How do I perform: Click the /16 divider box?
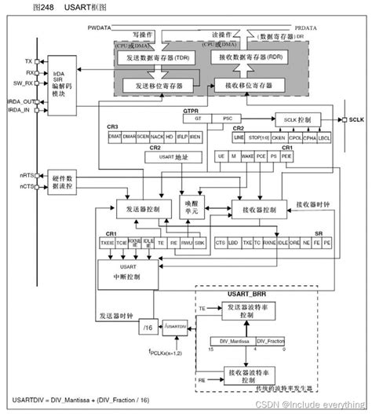tap(147, 325)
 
